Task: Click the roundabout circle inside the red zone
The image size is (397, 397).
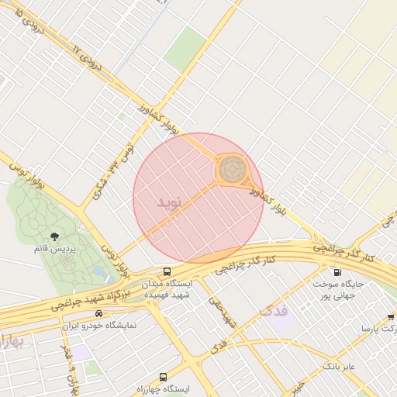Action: tap(231, 170)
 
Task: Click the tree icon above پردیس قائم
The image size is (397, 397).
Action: tap(54, 236)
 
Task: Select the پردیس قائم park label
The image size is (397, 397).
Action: tap(54, 249)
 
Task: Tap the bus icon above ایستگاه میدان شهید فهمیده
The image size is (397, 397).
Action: tap(167, 271)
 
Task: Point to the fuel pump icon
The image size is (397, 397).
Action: tap(337, 272)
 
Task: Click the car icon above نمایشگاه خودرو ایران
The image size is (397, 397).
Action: tap(98, 313)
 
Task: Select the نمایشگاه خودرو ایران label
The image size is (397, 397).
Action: tap(98, 326)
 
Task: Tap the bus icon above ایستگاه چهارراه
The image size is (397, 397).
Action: tap(162, 375)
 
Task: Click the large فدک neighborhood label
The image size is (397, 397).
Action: tap(273, 312)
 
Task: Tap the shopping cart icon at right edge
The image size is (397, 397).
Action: tap(390, 316)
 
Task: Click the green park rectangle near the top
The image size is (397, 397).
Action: tap(185, 48)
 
